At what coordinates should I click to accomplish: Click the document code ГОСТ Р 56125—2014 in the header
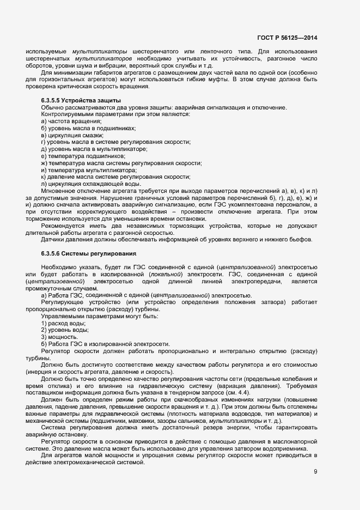tap(286, 38)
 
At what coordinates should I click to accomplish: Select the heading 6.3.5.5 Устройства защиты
tap(81, 101)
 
